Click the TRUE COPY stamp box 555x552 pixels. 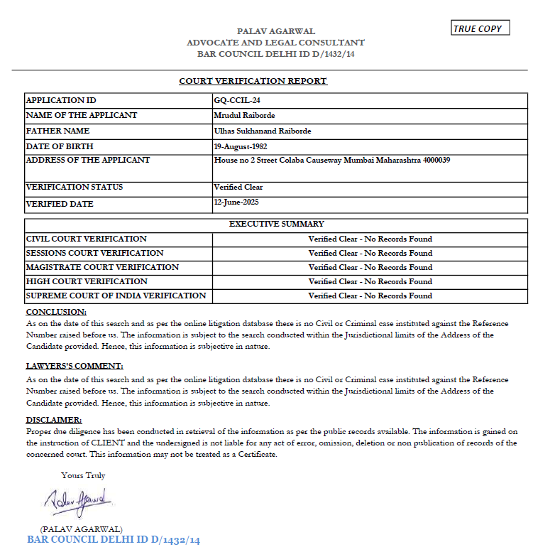(480, 28)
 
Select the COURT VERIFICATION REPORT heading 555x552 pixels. (253, 81)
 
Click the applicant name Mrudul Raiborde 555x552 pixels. (244, 115)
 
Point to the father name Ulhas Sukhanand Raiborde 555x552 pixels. (262, 131)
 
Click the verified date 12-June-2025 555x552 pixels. (238, 202)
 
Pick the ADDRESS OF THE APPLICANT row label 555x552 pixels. (87, 160)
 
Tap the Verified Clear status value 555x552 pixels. (238, 188)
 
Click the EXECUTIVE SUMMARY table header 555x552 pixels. (276, 224)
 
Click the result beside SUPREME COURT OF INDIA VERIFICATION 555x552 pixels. (370, 296)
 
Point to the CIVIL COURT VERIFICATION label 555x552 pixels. (86, 239)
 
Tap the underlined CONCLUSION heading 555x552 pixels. (56, 312)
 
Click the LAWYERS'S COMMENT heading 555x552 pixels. (75, 366)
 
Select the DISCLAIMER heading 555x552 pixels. (54, 420)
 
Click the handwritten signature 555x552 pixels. (75, 502)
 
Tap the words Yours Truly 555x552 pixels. (83, 475)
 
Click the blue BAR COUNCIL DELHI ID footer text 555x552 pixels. (114, 540)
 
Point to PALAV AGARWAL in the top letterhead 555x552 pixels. (276, 31)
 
